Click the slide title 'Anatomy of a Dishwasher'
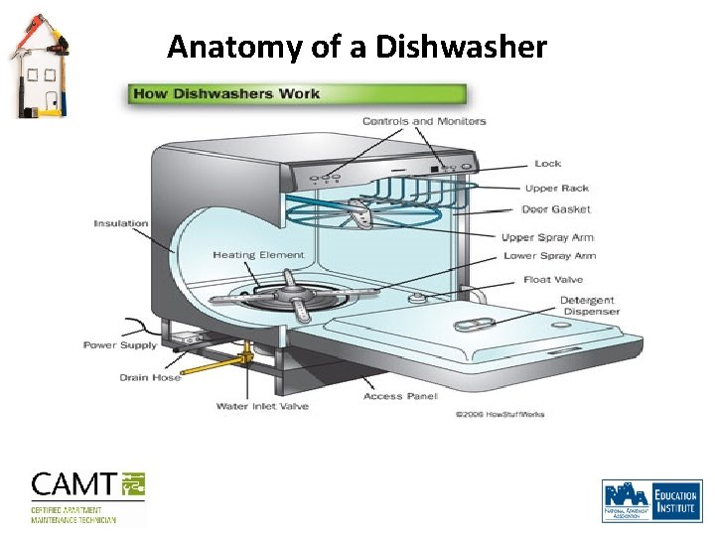(357, 46)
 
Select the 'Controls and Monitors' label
(424, 121)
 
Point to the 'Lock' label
(547, 164)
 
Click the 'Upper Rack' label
(557, 188)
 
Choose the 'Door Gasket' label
(556, 209)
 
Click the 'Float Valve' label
(554, 280)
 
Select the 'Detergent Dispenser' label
(589, 306)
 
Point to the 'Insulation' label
(120, 223)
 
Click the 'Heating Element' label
(258, 255)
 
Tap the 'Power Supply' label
(119, 345)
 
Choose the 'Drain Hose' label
(150, 377)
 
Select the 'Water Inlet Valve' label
(262, 406)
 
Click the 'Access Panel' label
(400, 396)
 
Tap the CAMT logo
(88, 495)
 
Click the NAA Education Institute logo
(650, 500)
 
